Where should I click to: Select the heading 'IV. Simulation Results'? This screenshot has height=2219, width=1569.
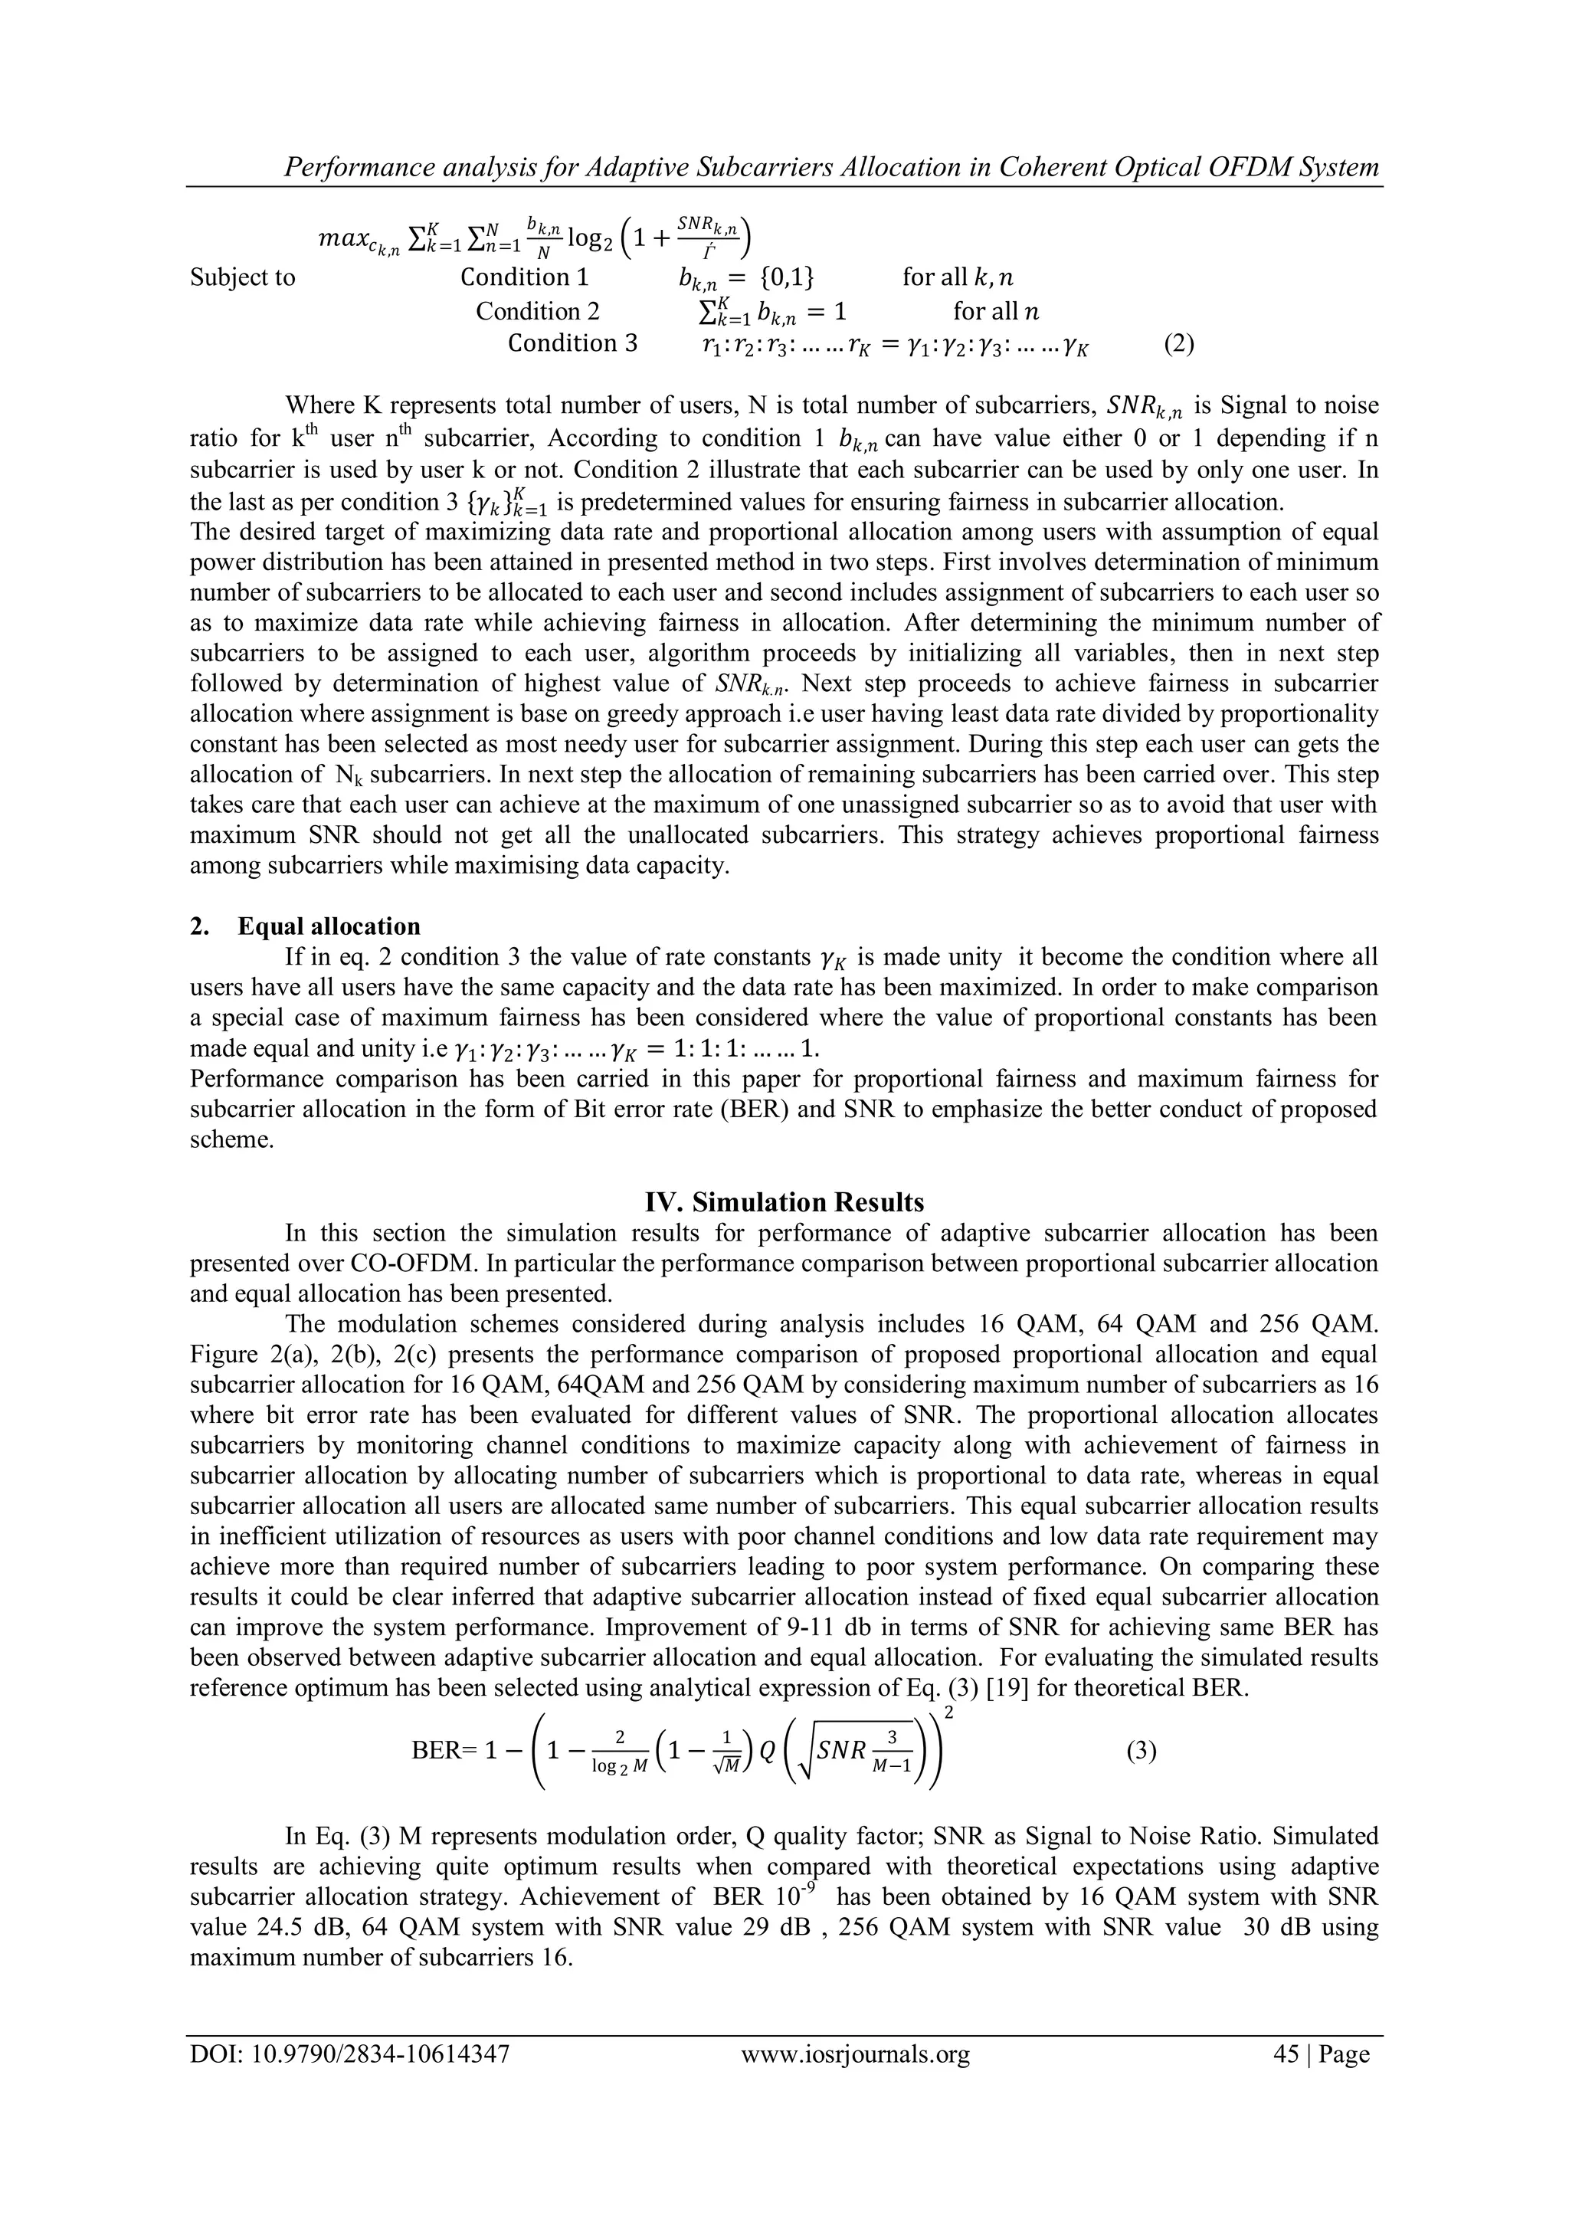784,1202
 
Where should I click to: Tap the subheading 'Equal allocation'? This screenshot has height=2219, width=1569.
329,927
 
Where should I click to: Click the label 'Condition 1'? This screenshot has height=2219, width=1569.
524,278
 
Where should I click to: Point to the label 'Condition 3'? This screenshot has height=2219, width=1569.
573,344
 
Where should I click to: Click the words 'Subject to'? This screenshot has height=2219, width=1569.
243,278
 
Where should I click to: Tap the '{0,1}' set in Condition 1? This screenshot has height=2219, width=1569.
787,278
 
